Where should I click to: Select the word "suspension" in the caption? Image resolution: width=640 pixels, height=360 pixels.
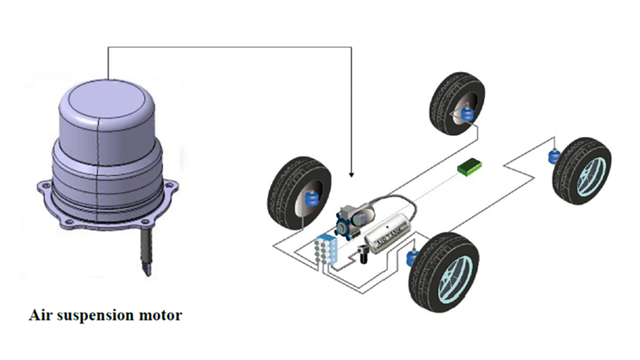[96, 316]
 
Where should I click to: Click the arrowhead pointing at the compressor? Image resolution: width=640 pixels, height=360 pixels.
[351, 174]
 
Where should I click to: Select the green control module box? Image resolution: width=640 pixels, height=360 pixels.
[467, 168]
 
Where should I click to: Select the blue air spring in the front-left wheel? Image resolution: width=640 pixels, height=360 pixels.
[311, 199]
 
